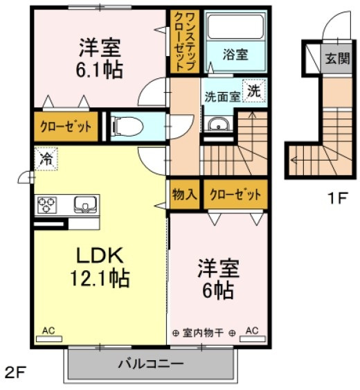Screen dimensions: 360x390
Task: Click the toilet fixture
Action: tap(127, 127)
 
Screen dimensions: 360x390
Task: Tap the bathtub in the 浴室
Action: tap(235, 26)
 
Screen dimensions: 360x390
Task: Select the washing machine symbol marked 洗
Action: tap(254, 91)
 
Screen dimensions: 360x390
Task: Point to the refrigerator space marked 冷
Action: tap(46, 159)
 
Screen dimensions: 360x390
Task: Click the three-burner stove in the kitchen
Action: tap(47, 204)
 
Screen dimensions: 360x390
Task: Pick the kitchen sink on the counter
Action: tap(85, 204)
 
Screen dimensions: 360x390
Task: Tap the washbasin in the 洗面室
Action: tap(218, 124)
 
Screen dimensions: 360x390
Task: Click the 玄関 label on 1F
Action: tap(337, 58)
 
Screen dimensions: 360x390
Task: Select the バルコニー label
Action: tap(151, 364)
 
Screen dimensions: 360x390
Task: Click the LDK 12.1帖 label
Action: tap(100, 267)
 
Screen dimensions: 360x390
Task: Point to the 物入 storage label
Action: tap(185, 194)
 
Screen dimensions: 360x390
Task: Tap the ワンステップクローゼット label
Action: tap(184, 42)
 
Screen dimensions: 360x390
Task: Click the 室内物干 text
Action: tap(203, 333)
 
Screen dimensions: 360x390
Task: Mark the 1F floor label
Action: tap(337, 198)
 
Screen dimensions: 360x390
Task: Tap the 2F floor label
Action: tap(15, 373)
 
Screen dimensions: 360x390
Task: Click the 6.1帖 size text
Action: tap(99, 70)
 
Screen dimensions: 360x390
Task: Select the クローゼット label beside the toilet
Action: tap(66, 127)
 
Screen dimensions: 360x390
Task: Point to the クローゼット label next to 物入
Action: tap(235, 195)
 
